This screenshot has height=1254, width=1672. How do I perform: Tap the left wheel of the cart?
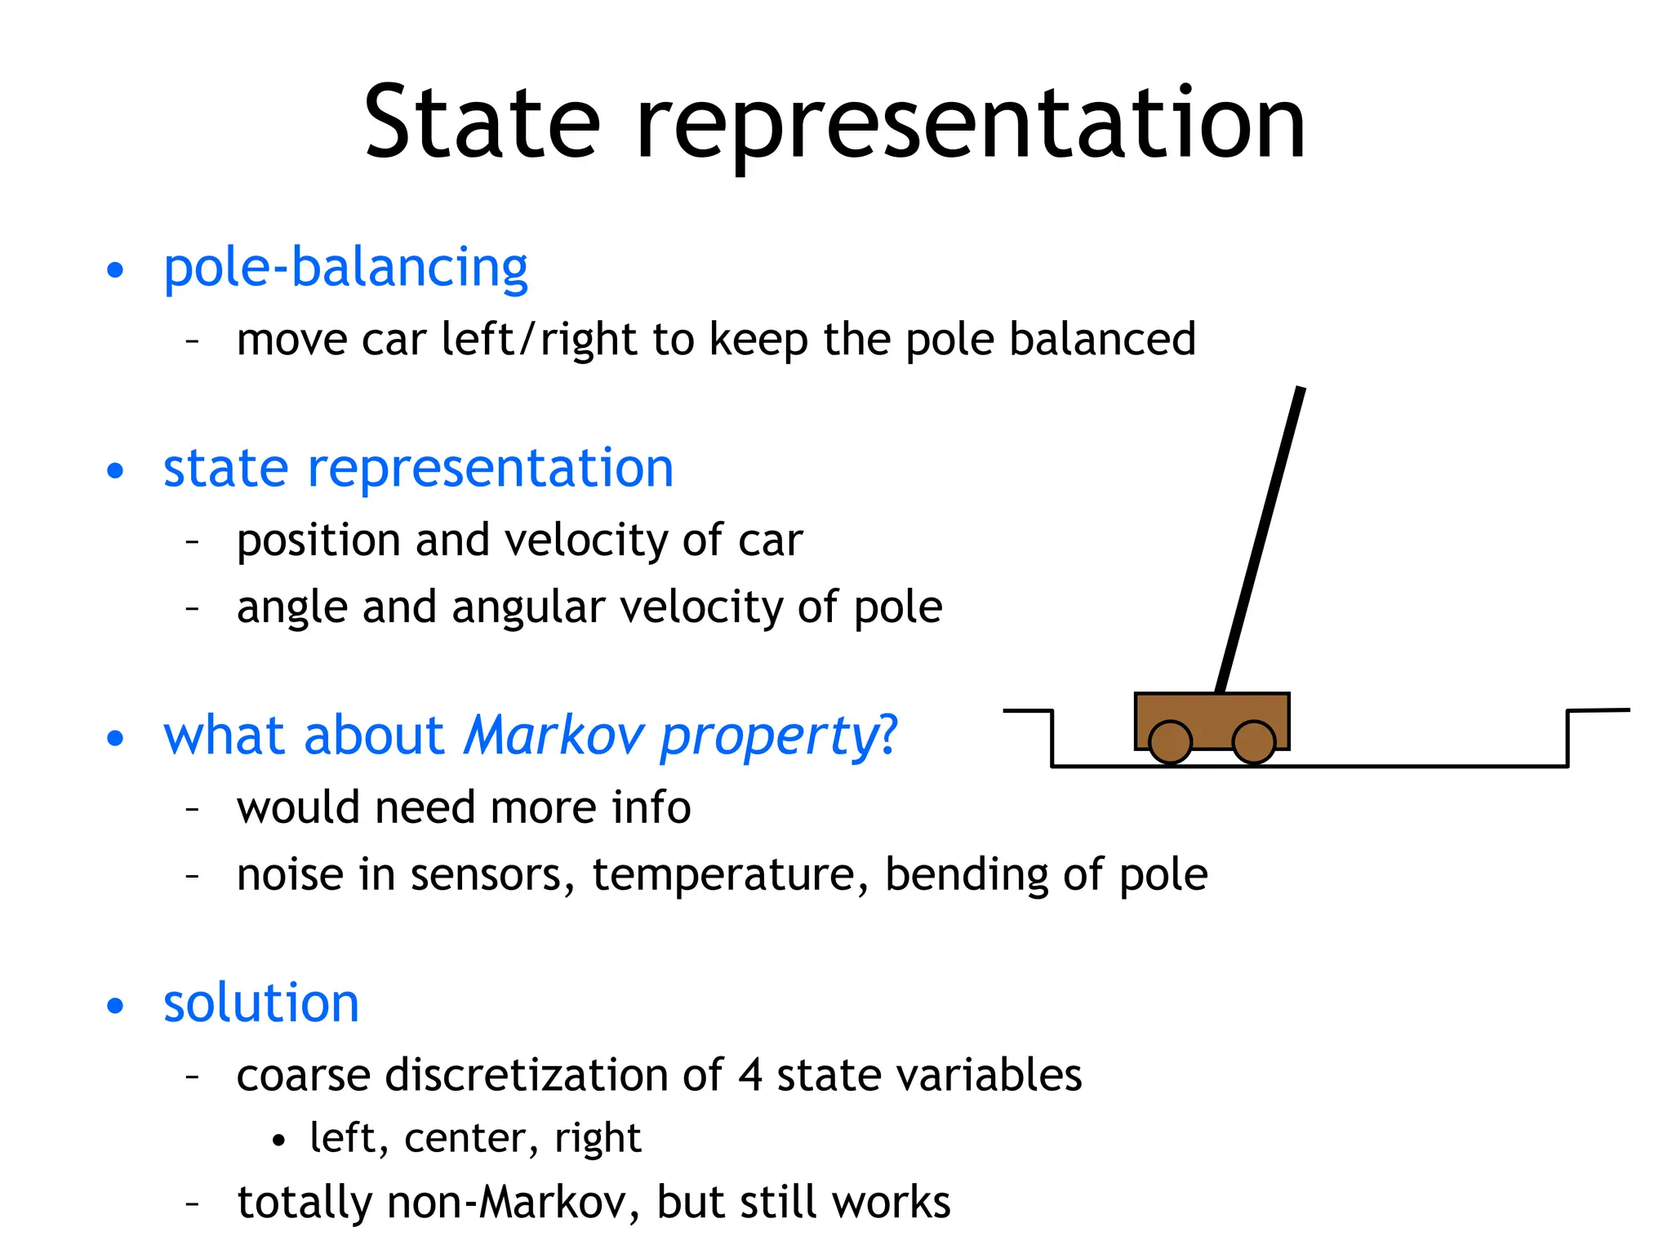[x=1170, y=741]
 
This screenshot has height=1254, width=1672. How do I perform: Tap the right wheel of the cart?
[x=1253, y=741]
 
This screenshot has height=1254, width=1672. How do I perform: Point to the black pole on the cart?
[x=1260, y=539]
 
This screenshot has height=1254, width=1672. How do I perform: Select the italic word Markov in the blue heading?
[x=554, y=735]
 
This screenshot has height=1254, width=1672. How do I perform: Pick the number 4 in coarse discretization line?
[x=750, y=1074]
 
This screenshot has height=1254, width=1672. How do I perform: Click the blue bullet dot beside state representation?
[x=116, y=471]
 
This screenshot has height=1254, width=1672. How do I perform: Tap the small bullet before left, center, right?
[x=279, y=1140]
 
